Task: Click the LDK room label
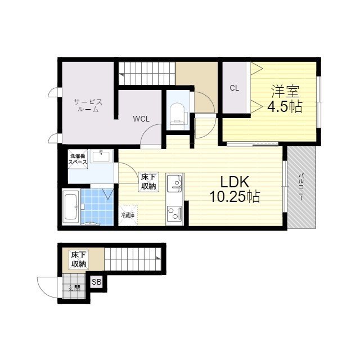(x=235, y=182)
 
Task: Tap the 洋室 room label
(x=286, y=91)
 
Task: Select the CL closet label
(x=234, y=88)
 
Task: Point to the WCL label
(x=141, y=119)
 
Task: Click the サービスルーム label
(x=88, y=105)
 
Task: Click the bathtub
(x=71, y=206)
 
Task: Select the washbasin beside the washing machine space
(x=101, y=156)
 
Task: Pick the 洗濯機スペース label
(x=78, y=159)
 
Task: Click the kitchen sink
(x=174, y=183)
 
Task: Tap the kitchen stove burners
(x=174, y=213)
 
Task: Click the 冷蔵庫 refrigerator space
(x=128, y=215)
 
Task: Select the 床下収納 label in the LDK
(x=148, y=181)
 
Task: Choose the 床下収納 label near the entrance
(x=79, y=259)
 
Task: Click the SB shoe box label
(x=96, y=282)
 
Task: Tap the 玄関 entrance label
(x=74, y=288)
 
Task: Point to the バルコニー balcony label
(x=301, y=187)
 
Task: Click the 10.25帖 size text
(x=235, y=197)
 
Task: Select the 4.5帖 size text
(x=285, y=106)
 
